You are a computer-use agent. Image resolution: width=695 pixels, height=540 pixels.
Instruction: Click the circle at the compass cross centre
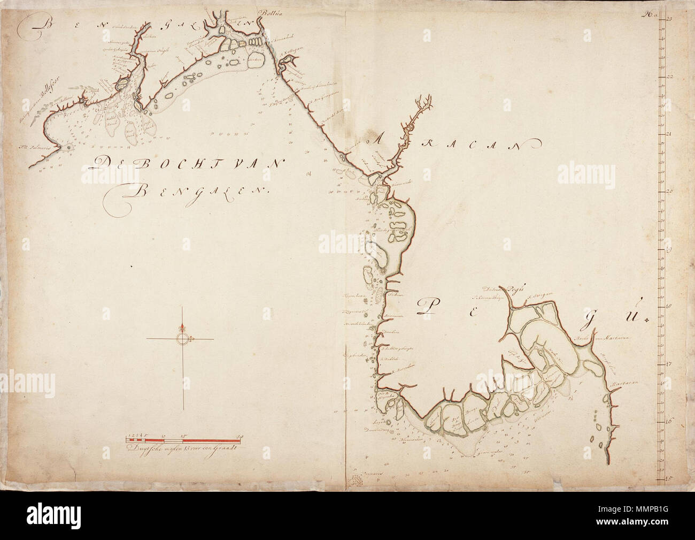coord(183,339)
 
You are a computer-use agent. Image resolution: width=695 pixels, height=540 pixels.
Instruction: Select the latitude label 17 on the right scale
coord(669,364)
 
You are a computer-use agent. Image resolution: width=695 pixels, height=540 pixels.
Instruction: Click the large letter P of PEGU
coord(427,306)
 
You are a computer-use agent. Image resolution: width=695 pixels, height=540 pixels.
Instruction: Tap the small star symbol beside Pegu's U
coord(647,320)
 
